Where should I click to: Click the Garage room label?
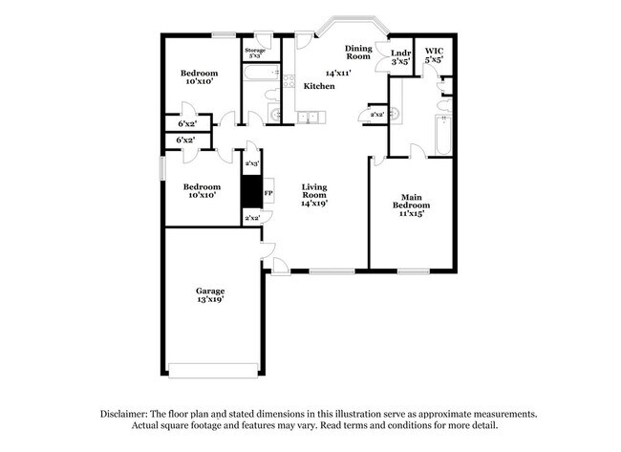[210, 290]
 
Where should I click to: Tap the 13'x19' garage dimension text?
[210, 299]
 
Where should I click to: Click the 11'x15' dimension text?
[411, 213]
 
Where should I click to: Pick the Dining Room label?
[358, 51]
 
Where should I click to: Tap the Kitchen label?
[319, 86]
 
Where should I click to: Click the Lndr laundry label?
[400, 52]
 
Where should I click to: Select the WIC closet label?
[435, 50]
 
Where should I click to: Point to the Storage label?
[255, 50]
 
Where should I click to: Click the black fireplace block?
[251, 193]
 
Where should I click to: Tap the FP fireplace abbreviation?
[268, 194]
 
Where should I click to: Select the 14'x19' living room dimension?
[314, 203]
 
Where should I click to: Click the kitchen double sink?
[309, 117]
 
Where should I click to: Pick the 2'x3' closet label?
[252, 164]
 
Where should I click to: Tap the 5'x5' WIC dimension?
[435, 60]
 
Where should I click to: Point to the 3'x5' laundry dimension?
[400, 61]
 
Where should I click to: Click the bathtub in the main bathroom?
[442, 135]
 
